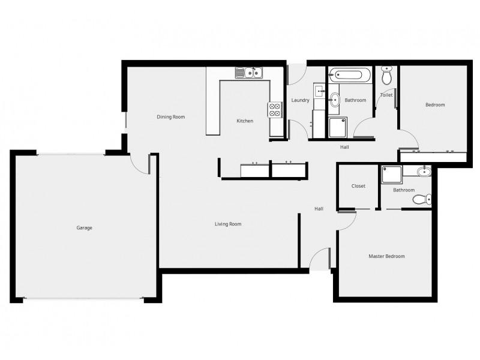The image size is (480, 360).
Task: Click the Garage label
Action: point(84,228)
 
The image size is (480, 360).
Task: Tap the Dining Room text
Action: point(170,117)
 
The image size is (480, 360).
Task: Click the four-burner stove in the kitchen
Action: point(275,109)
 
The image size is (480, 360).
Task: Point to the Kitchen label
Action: point(245,121)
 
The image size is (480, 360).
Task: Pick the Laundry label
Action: point(300,100)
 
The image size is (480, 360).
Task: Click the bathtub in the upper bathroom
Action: point(350,76)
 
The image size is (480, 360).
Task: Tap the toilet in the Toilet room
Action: point(387,76)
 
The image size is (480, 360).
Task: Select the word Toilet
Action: point(386,95)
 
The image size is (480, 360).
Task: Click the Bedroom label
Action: point(435,105)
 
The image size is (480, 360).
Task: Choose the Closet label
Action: point(358,186)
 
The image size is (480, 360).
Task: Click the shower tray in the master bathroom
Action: point(391,175)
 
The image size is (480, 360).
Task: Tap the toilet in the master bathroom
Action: point(424,199)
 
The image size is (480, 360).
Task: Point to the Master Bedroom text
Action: point(386,256)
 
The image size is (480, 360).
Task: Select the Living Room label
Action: point(228,224)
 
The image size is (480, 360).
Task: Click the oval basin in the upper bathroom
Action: point(335,100)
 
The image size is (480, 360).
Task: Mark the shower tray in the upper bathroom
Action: point(337,127)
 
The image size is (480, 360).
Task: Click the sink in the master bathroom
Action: point(424,172)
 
